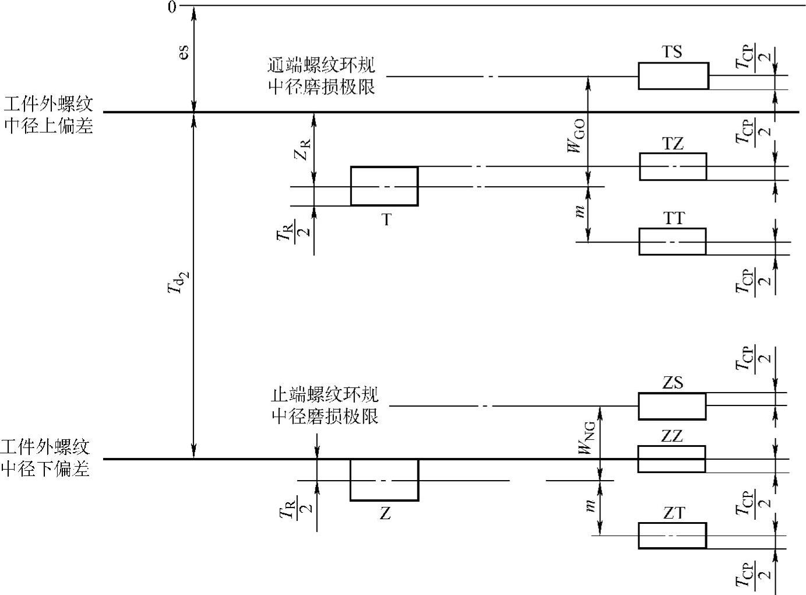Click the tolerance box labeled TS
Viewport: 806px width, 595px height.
(673, 76)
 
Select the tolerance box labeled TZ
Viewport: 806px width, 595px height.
(673, 167)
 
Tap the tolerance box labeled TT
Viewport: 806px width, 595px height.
(672, 242)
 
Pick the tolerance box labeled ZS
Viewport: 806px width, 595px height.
(672, 406)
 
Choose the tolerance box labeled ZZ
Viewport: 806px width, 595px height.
(671, 459)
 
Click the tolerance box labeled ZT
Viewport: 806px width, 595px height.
(672, 535)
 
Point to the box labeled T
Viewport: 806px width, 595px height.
(384, 186)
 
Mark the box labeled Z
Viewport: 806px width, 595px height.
(384, 480)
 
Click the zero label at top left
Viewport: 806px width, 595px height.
(171, 7)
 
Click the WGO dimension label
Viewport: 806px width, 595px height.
(578, 141)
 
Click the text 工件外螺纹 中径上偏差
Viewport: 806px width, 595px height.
(48, 116)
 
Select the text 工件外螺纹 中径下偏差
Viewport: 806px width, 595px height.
(45, 459)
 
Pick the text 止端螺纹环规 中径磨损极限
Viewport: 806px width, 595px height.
(325, 405)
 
